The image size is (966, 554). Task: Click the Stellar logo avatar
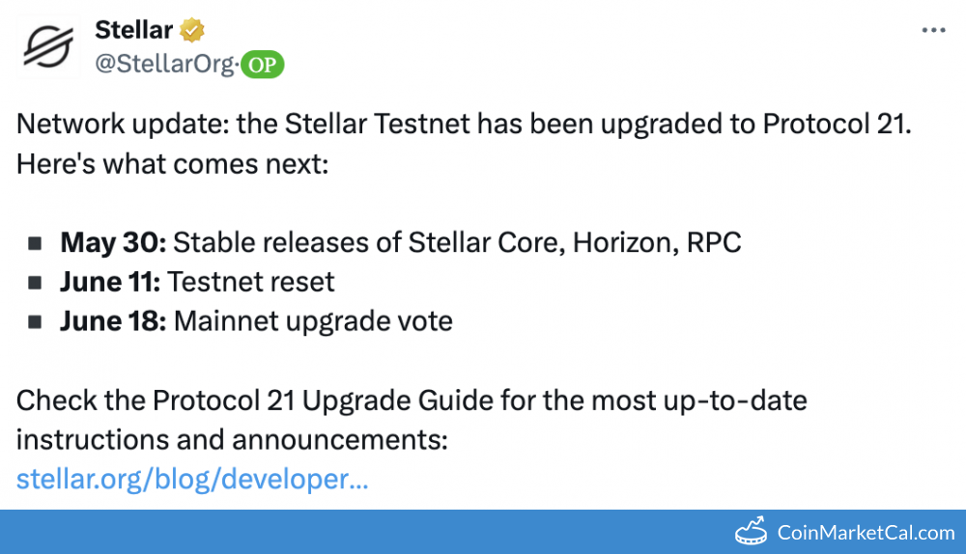click(48, 44)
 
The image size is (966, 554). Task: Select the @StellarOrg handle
click(164, 64)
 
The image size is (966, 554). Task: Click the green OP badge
click(262, 65)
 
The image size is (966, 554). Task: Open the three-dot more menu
click(933, 30)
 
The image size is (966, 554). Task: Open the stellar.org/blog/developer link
click(192, 478)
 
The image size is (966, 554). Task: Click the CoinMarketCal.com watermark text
click(866, 532)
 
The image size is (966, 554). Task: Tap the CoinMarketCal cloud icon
click(751, 532)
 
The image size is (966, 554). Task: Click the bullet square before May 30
click(35, 244)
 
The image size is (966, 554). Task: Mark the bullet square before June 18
click(35, 322)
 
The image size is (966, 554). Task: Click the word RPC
click(714, 242)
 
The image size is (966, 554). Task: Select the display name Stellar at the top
click(133, 30)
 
